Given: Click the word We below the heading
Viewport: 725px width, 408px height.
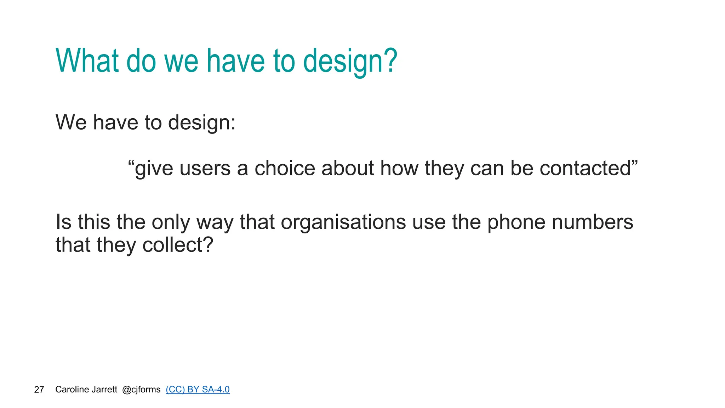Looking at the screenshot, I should [x=71, y=123].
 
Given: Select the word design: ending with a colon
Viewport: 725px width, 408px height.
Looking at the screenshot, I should [x=202, y=123].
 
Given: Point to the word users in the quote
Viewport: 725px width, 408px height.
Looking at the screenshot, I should [x=205, y=169].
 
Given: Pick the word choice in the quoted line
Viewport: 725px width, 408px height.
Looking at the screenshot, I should [x=285, y=169].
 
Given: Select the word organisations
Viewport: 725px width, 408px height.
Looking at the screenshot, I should [x=343, y=222].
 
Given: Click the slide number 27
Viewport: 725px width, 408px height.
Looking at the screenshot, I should [x=39, y=390].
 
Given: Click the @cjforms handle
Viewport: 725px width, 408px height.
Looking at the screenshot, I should [x=141, y=390].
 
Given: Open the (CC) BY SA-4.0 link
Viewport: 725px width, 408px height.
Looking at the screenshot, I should [x=198, y=390].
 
